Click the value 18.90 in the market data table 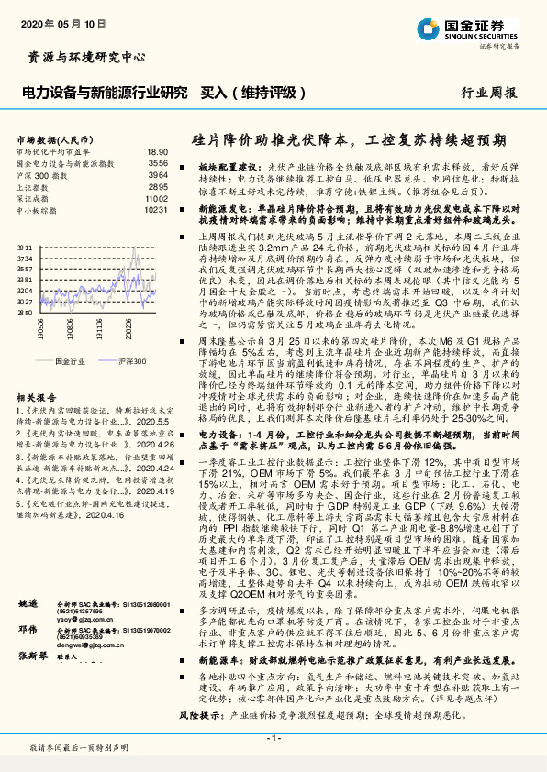[x=157, y=152]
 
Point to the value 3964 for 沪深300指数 [x=158, y=174]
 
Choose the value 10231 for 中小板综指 [x=155, y=209]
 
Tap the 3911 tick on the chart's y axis [x=25, y=247]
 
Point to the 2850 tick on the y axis [x=25, y=312]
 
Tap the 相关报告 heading [x=39, y=373]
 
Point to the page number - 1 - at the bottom [x=273, y=739]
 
